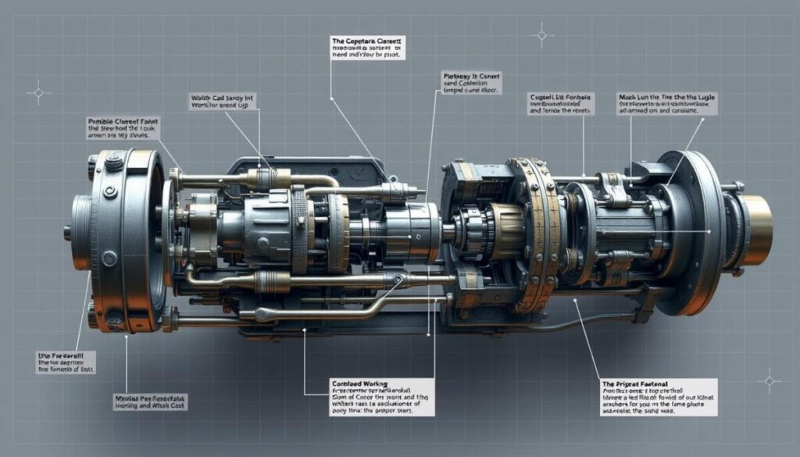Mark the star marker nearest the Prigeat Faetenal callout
coord(769,380)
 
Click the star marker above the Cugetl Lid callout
coord(541,34)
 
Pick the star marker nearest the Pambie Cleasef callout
coord(37,93)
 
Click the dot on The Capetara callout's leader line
coord(332,98)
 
